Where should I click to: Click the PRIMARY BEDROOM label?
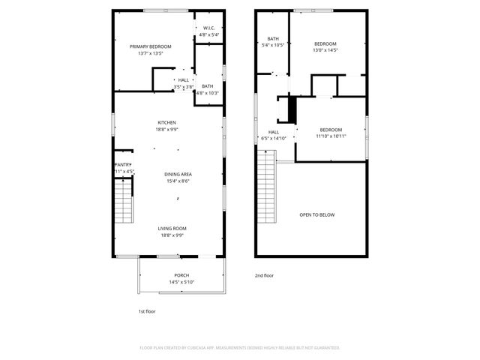pos(150,46)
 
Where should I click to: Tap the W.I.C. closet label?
pos(208,28)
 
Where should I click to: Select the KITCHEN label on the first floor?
pos(166,122)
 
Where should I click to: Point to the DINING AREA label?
pos(178,174)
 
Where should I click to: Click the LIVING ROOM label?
pos(172,228)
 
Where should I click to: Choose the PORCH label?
pos(181,275)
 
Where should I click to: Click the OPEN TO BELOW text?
pos(317,214)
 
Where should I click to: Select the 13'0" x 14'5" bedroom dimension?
pos(325,50)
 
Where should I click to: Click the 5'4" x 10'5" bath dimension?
pos(273,45)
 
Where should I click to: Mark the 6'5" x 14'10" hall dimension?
pos(274,138)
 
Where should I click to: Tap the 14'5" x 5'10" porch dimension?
pos(181,282)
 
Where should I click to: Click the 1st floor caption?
pos(146,310)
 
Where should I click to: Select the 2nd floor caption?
pos(264,275)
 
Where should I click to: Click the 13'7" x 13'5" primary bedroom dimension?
pos(150,53)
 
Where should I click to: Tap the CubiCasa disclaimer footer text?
pos(240,347)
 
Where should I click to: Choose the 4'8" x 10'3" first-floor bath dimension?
pos(207,93)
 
